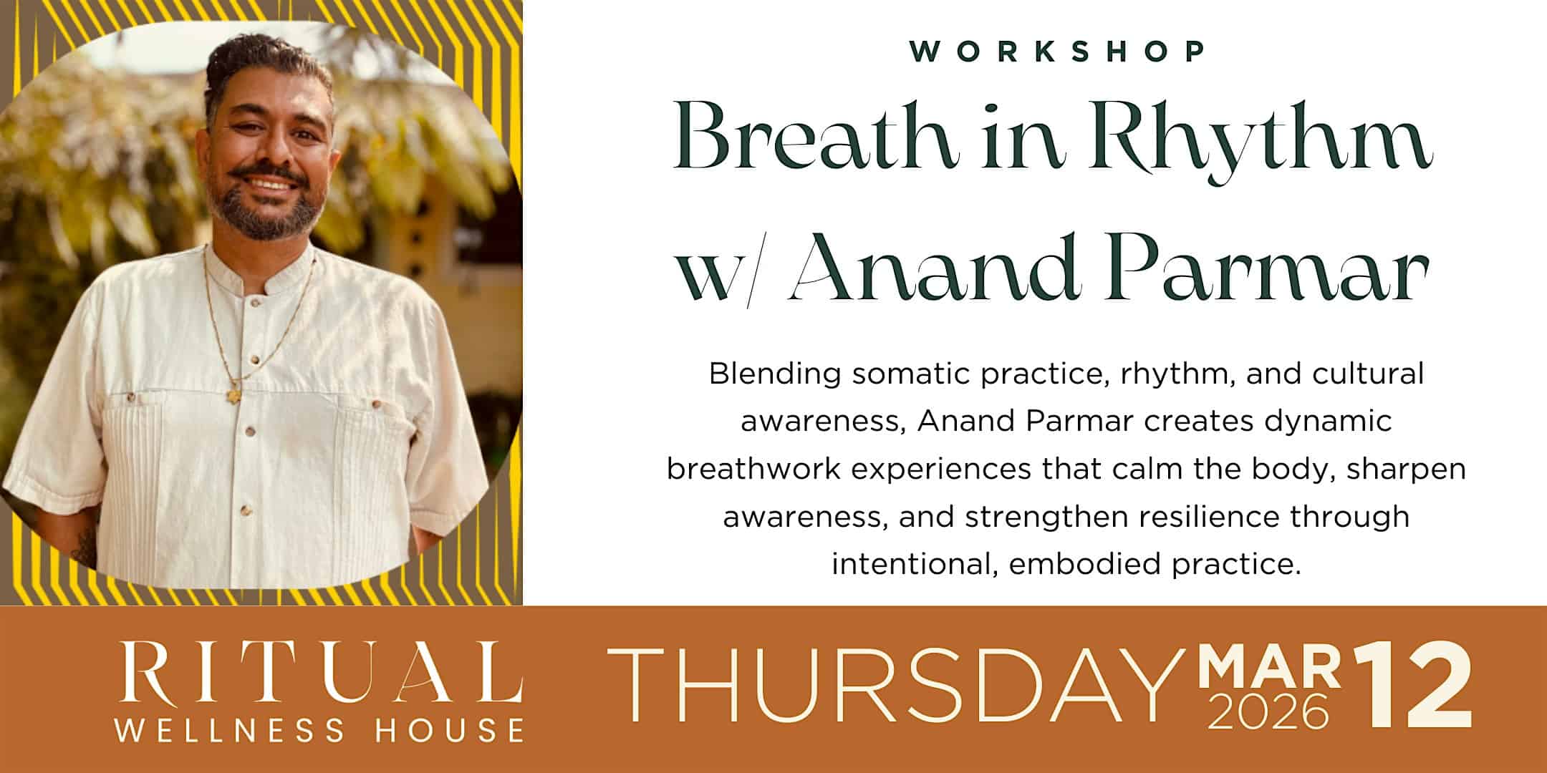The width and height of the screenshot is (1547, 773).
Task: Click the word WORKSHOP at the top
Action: (1057, 51)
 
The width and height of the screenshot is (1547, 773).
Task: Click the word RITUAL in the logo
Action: (319, 673)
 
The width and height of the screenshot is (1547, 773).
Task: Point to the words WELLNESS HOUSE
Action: (319, 730)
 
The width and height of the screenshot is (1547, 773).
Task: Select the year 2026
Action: (1268, 711)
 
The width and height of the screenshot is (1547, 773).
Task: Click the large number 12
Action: (1411, 687)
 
